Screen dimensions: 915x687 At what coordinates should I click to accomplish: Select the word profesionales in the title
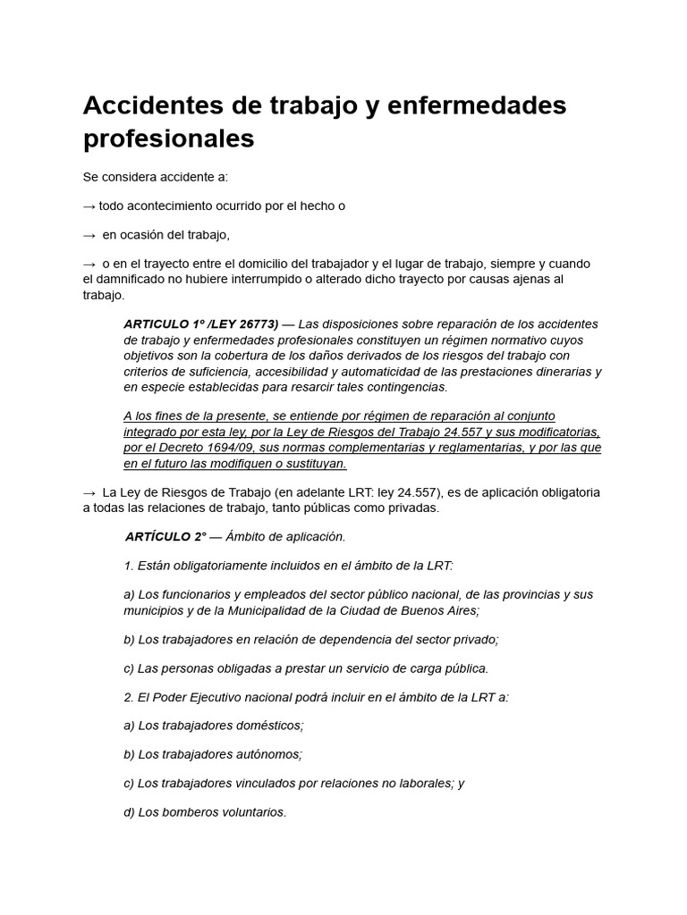click(x=169, y=139)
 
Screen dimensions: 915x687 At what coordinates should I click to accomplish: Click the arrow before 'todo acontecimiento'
click(x=89, y=206)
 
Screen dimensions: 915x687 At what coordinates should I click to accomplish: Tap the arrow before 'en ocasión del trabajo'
click(x=89, y=235)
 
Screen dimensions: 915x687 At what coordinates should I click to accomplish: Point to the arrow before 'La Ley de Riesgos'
click(x=89, y=492)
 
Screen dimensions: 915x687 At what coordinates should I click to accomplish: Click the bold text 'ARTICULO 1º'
click(x=161, y=323)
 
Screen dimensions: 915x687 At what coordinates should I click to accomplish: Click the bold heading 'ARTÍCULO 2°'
click(x=165, y=536)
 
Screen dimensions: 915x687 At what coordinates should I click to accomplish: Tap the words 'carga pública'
click(x=447, y=668)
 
